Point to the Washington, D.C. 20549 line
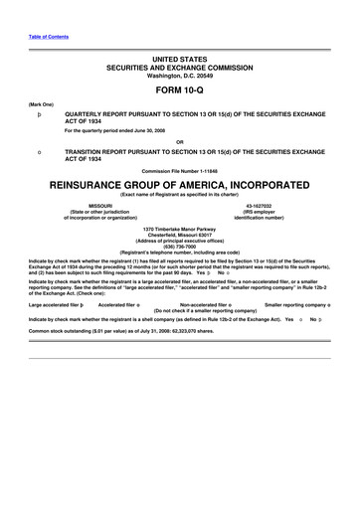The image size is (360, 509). [179, 76]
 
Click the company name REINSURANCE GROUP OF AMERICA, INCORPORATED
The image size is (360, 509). [179, 185]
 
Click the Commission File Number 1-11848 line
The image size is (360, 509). [179, 170]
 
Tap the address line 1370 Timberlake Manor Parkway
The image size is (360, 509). [179, 230]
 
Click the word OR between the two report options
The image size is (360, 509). [179, 140]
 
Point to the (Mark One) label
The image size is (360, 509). [42, 102]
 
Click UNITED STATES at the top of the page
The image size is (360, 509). [179, 61]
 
